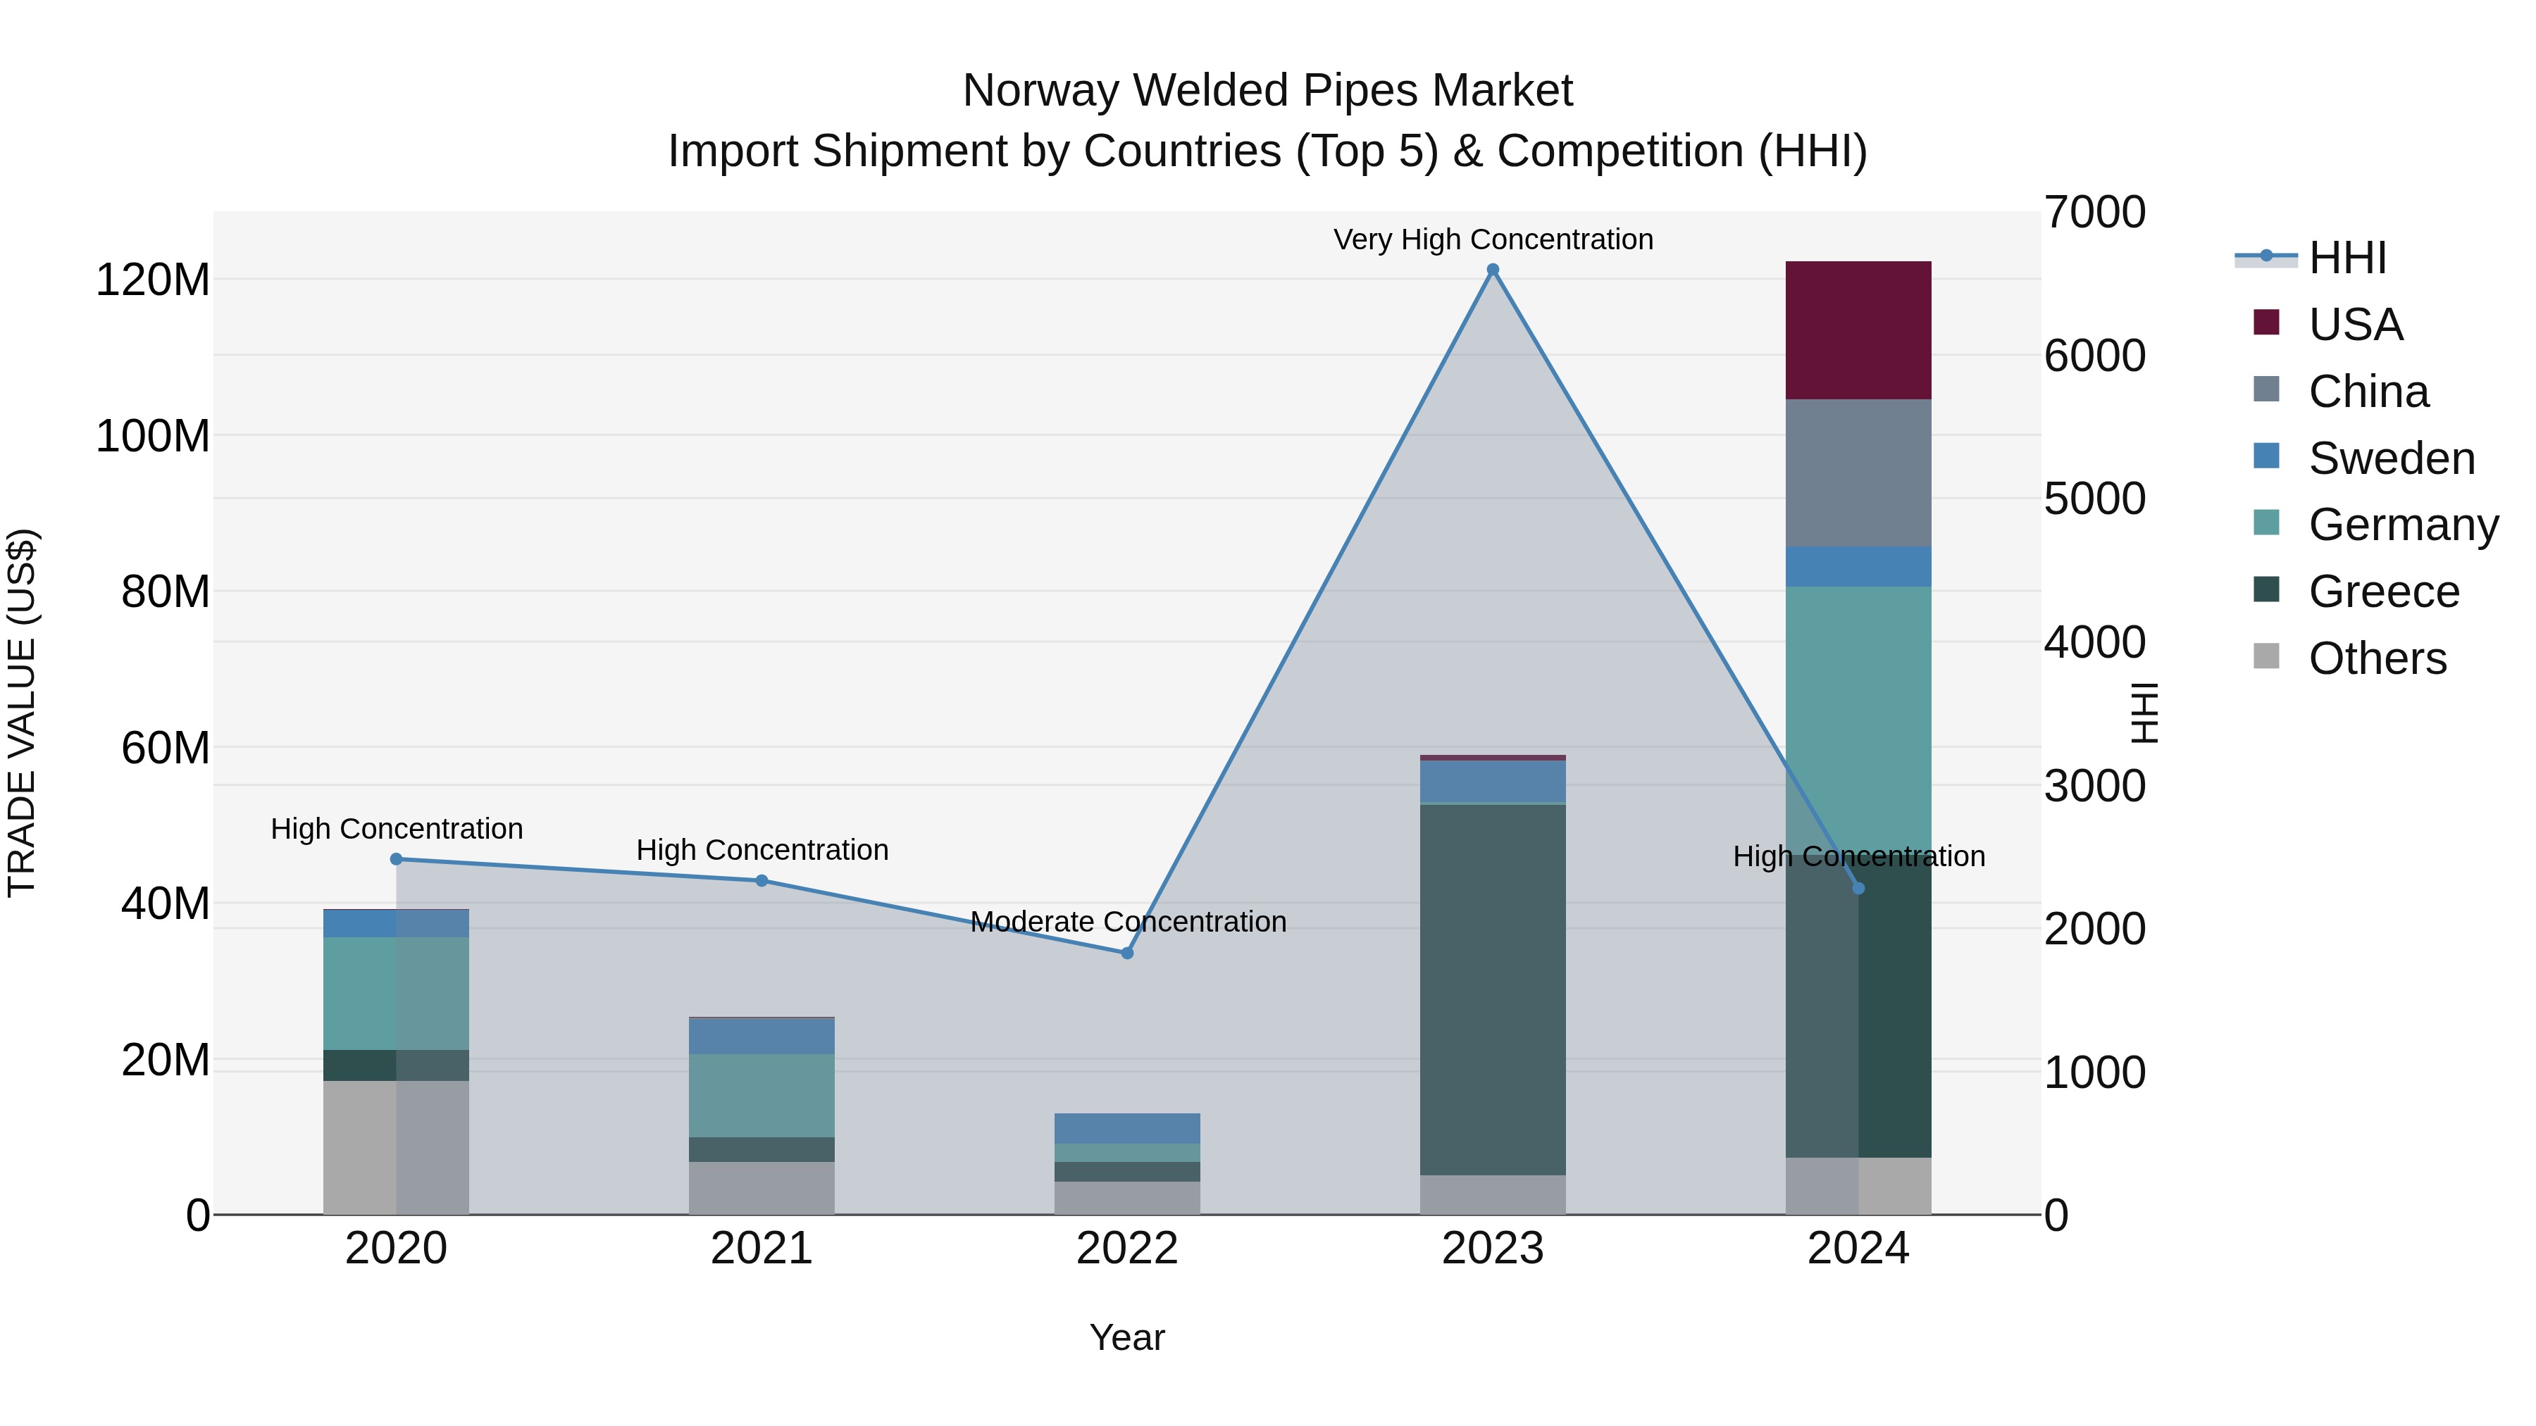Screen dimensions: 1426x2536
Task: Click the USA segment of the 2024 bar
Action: [x=1858, y=330]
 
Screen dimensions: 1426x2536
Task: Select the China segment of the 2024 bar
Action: [x=1858, y=473]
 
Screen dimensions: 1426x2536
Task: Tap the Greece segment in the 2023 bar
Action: [x=1493, y=989]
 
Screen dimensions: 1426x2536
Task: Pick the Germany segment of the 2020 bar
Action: [x=396, y=993]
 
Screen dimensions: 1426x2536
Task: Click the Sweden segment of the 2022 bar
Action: [x=1127, y=1128]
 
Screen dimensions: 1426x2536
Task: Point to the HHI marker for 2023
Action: [x=1493, y=270]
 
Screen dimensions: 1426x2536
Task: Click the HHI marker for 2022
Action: [x=1127, y=953]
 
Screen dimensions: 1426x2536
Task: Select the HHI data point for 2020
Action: [x=396, y=859]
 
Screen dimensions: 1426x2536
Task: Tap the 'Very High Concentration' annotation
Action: [x=1493, y=239]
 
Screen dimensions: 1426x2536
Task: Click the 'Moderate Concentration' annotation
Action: [x=1127, y=921]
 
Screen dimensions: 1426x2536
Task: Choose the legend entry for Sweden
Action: [x=2390, y=458]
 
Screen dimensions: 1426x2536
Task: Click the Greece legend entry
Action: [x=2382, y=592]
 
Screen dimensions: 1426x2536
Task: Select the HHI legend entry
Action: [x=2347, y=258]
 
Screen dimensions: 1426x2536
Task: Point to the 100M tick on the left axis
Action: [x=153, y=436]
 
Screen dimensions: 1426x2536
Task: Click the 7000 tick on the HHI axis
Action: [x=2094, y=213]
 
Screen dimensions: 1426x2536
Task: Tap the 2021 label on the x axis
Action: [x=761, y=1249]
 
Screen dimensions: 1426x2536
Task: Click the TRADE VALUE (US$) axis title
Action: [x=22, y=713]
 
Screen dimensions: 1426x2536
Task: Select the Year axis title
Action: [x=1126, y=1337]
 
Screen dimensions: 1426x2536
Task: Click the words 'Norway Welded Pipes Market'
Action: [x=1267, y=91]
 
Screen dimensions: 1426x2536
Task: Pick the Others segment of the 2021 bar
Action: [x=761, y=1188]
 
